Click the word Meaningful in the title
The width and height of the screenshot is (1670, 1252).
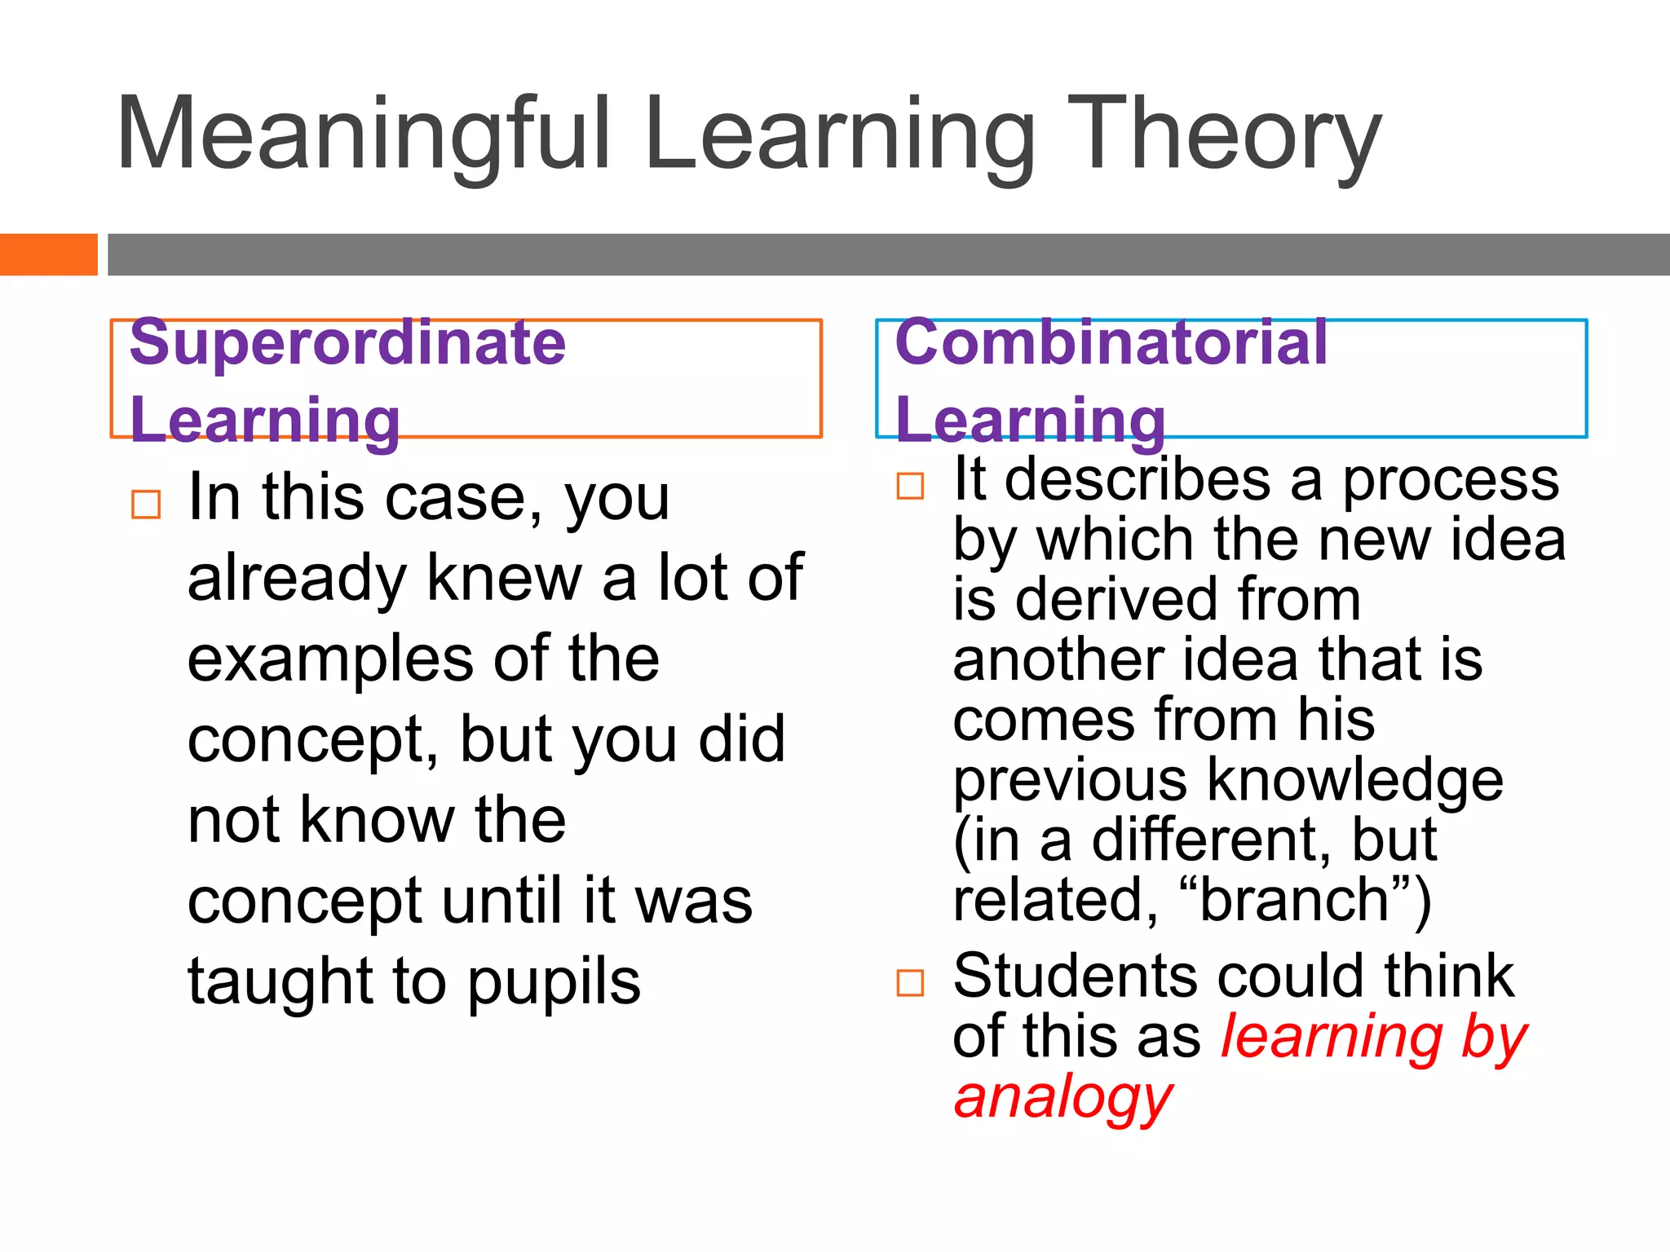point(363,134)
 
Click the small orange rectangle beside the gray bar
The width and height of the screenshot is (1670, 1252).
point(48,254)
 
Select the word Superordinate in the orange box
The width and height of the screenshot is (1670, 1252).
point(347,342)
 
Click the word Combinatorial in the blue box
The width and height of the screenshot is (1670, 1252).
point(1111,342)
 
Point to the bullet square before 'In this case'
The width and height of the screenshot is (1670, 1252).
point(146,505)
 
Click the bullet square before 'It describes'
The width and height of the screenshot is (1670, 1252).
point(910,486)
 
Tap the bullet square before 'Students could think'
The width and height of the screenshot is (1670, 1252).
point(910,983)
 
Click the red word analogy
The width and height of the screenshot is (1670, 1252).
point(1063,1097)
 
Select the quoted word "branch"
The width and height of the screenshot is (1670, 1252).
point(1295,900)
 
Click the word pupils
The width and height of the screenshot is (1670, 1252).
point(554,981)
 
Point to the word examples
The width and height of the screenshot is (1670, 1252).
point(330,659)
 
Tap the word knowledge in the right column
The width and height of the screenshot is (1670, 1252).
point(1354,780)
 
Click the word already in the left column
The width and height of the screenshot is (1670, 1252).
point(297,579)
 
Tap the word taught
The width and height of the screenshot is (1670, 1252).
point(280,981)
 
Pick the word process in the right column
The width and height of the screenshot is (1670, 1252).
point(1451,479)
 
